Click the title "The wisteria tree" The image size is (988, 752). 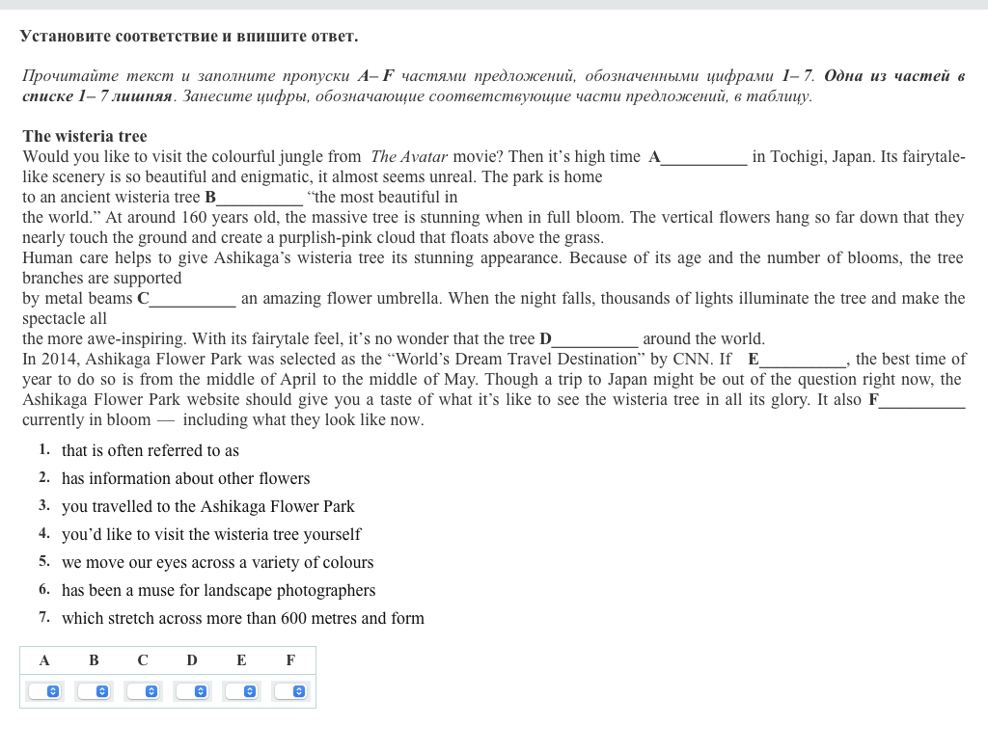[x=85, y=136]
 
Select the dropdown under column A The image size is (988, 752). [x=44, y=691]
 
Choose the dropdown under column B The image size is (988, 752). [x=94, y=691]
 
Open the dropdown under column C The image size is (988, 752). [x=143, y=691]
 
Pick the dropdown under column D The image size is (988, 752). [x=192, y=691]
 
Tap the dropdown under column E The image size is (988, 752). [x=241, y=691]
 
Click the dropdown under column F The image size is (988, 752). [x=290, y=691]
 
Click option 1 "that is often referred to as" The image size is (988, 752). [x=151, y=450]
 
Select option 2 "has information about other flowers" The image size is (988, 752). [x=185, y=478]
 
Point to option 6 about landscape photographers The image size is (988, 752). [x=218, y=590]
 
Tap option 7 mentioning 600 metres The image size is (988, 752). [x=242, y=618]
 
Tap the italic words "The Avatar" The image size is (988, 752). [x=409, y=157]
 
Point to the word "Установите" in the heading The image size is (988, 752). [x=65, y=37]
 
